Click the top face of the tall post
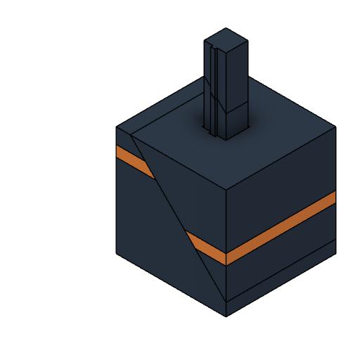226,38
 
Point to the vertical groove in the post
213,84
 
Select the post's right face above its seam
238,70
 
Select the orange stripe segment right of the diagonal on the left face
206,246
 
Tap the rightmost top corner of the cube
335,127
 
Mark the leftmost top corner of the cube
116,127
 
